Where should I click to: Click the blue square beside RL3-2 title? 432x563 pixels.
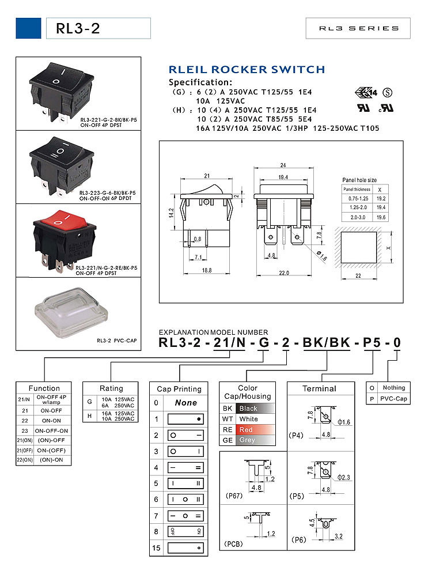(x=28, y=28)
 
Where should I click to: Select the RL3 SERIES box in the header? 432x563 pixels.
(x=359, y=28)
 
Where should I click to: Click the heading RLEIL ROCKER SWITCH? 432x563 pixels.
(x=247, y=70)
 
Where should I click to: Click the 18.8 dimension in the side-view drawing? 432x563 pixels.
(x=205, y=270)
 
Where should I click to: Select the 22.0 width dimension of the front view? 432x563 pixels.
(x=283, y=273)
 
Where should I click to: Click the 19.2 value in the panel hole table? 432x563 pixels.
(x=380, y=198)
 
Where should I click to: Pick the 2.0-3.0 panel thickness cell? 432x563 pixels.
(x=357, y=217)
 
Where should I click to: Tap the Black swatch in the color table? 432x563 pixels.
(x=253, y=408)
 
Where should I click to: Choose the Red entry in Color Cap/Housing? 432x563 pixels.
(x=253, y=430)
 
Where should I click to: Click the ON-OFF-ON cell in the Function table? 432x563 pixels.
(x=52, y=430)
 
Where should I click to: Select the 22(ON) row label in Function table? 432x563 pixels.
(x=24, y=460)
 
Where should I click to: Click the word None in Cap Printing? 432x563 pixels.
(x=186, y=403)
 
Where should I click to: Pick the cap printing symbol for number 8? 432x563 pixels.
(x=185, y=531)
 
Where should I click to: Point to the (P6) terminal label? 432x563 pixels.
(x=298, y=539)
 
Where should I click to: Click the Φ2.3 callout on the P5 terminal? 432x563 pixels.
(x=344, y=477)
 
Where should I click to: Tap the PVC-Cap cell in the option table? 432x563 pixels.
(x=394, y=398)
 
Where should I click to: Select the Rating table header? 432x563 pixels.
(x=111, y=388)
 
